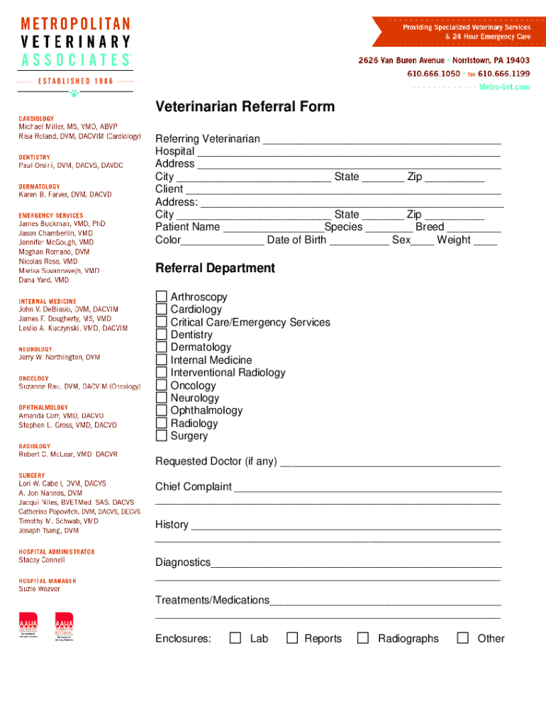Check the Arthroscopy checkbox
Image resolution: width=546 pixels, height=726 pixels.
tap(162, 297)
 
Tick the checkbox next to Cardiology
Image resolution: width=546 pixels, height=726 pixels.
tap(162, 310)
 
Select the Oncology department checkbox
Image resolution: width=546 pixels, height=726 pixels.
tap(162, 386)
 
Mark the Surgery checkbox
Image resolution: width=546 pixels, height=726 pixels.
tap(162, 436)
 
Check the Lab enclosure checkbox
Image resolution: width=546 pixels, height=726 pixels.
tap(235, 638)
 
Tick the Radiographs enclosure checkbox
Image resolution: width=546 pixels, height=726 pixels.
tap(363, 638)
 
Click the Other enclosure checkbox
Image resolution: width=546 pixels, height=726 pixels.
tap(463, 638)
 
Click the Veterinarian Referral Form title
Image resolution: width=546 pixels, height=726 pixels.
tap(245, 107)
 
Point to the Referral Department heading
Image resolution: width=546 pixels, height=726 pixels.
tap(215, 268)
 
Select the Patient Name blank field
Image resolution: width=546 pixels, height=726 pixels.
tap(273, 228)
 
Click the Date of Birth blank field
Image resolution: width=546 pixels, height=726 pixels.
tap(359, 240)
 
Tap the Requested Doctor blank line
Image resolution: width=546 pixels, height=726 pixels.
tap(390, 462)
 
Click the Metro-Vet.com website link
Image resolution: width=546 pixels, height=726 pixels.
tap(504, 86)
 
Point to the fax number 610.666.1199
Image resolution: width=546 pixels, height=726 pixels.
tap(503, 73)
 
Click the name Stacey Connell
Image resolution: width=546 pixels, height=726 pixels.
tap(42, 560)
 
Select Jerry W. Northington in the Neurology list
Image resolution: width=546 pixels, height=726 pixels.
tap(60, 358)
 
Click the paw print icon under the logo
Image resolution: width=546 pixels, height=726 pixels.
tap(74, 93)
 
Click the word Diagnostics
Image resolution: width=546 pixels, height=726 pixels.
tap(183, 562)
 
